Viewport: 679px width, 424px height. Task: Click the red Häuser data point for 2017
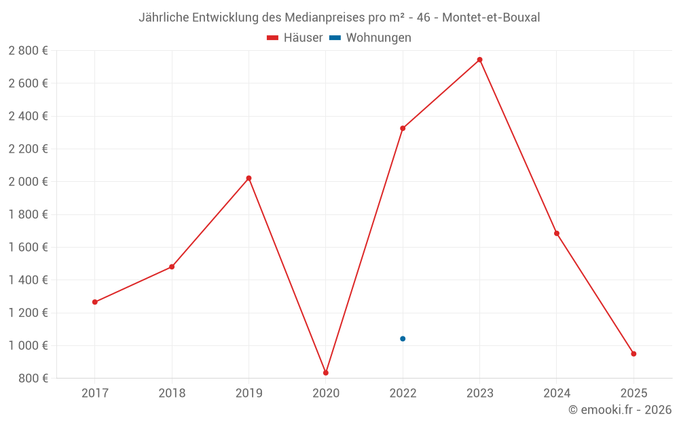pyautogui.click(x=95, y=302)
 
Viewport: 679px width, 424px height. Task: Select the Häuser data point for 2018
pyautogui.click(x=172, y=267)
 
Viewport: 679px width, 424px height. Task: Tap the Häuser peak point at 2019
pyautogui.click(x=249, y=178)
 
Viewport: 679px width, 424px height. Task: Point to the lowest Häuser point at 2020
pyautogui.click(x=326, y=372)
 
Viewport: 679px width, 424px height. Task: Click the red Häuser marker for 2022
pyautogui.click(x=403, y=128)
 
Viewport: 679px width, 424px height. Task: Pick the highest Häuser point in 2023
pyautogui.click(x=479, y=60)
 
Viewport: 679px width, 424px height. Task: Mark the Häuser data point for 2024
pyautogui.click(x=557, y=233)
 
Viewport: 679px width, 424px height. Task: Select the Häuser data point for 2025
pyautogui.click(x=634, y=353)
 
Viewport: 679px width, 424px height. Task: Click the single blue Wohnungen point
pyautogui.click(x=403, y=339)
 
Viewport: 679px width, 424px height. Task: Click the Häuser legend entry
pyautogui.click(x=295, y=38)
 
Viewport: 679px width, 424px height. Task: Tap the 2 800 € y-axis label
pyautogui.click(x=28, y=50)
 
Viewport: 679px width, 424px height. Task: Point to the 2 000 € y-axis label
pyautogui.click(x=28, y=181)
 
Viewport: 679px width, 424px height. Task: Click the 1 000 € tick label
pyautogui.click(x=28, y=345)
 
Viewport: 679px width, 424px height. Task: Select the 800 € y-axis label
pyautogui.click(x=32, y=378)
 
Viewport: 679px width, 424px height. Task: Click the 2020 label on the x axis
pyautogui.click(x=326, y=393)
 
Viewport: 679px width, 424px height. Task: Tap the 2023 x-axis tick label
pyautogui.click(x=479, y=393)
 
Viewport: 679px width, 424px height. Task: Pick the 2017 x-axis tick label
pyautogui.click(x=95, y=393)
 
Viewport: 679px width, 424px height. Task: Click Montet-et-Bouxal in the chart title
pyautogui.click(x=491, y=18)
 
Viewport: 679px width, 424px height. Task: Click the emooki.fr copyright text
pyautogui.click(x=620, y=410)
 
